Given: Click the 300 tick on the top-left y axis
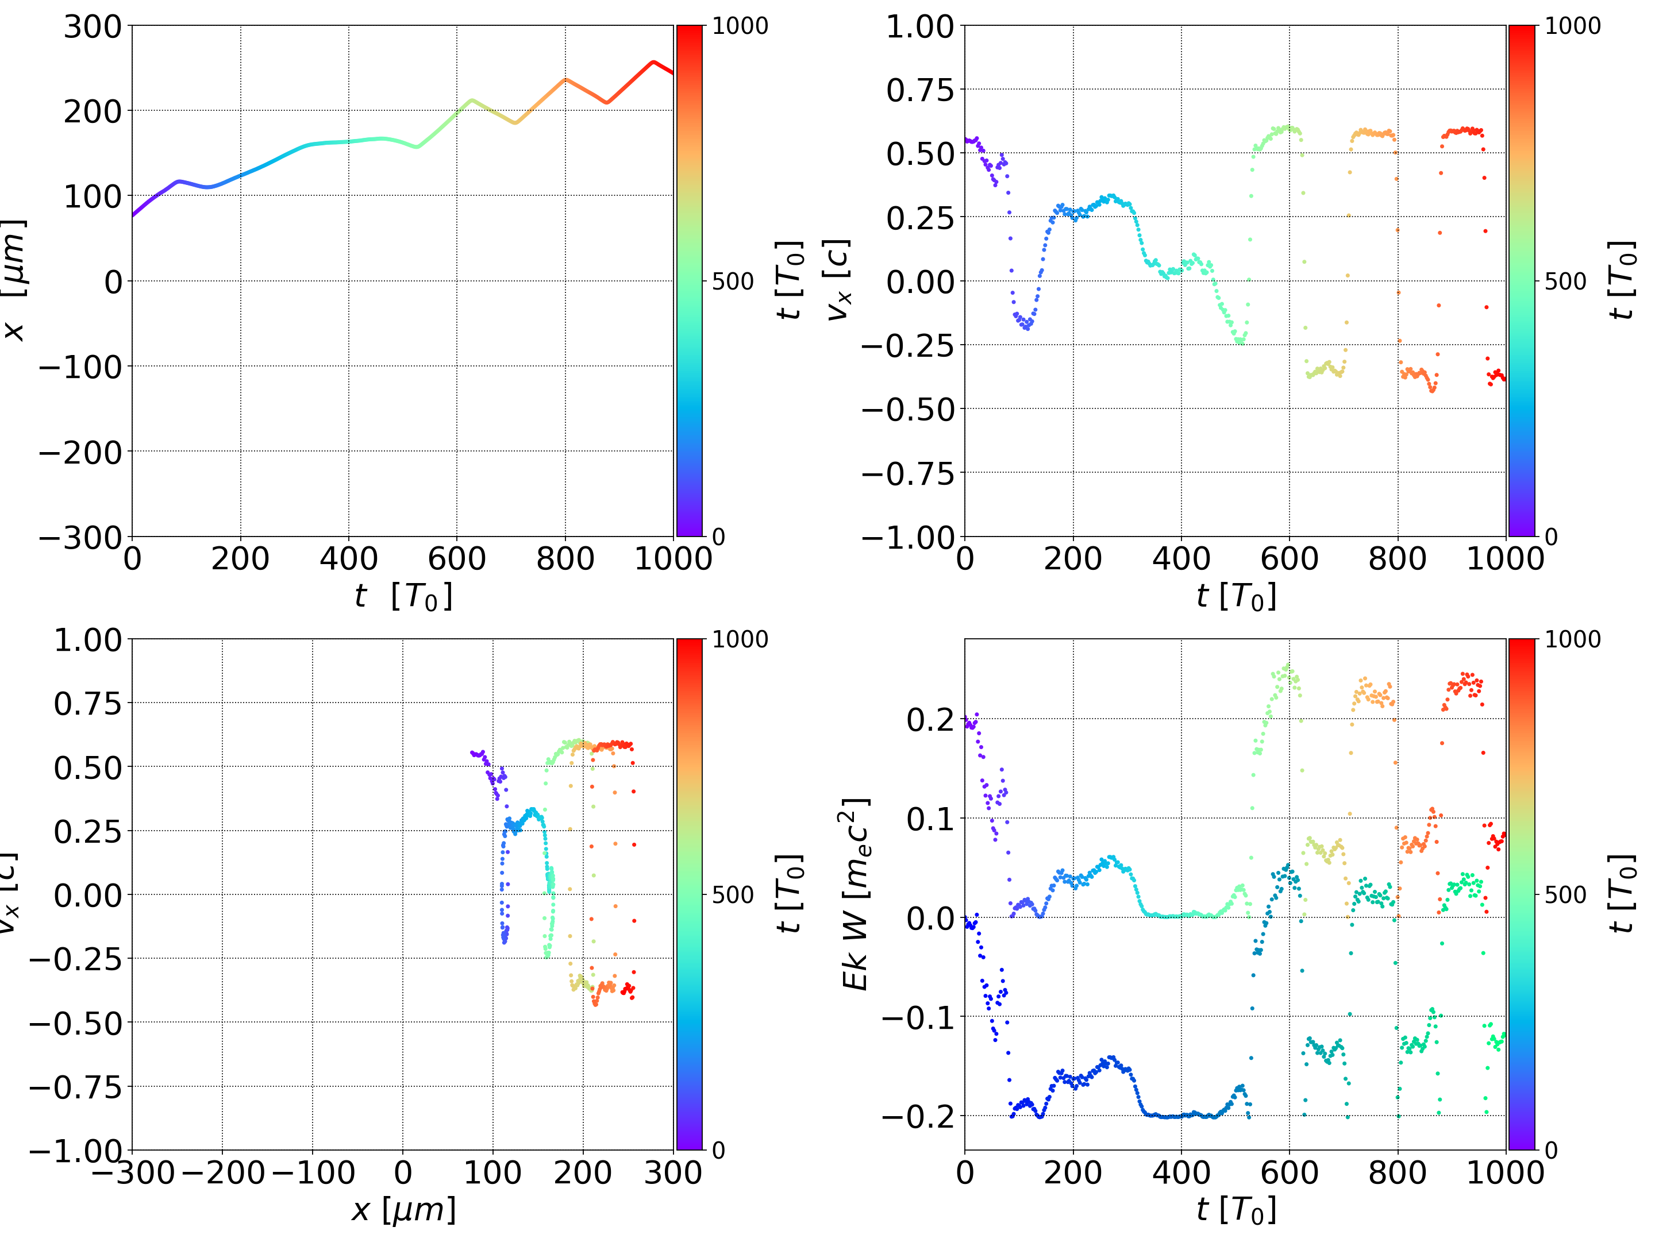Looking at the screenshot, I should pos(92,27).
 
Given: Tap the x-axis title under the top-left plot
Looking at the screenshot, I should pos(403,597).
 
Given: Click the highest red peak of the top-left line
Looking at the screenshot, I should pos(653,62).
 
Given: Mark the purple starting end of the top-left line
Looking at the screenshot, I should pos(133,215).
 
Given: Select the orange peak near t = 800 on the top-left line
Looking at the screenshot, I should pos(565,79).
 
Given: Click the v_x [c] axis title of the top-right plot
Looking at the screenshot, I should pos(838,280).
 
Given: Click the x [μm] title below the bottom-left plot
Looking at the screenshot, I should pos(403,1210).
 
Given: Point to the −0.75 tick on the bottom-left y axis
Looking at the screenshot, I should pos(75,1087).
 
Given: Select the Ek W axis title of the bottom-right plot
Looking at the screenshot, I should pos(856,894).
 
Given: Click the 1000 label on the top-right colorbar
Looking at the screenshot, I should pos(1573,27).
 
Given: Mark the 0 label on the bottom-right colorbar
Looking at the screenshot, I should pos(1551,1151).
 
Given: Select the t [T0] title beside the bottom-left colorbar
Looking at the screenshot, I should pos(790,894).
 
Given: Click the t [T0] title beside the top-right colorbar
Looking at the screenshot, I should pos(1621,280).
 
